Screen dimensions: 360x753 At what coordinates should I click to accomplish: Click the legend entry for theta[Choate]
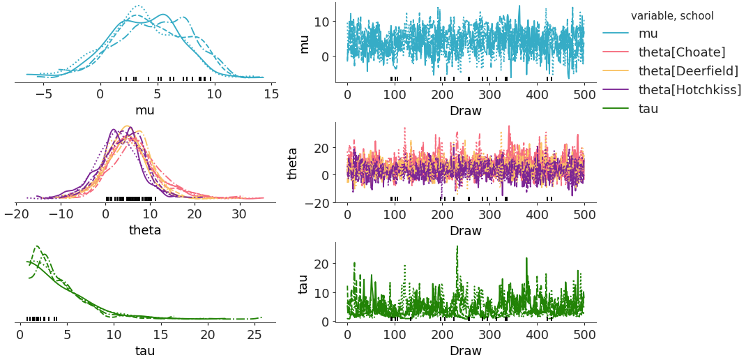[682, 52]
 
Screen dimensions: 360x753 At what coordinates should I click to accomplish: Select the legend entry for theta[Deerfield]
[688, 70]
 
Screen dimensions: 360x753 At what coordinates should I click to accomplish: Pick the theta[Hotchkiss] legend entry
[690, 89]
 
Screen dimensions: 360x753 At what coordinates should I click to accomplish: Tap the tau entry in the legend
[649, 108]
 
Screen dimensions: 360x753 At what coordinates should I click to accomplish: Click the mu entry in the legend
[648, 33]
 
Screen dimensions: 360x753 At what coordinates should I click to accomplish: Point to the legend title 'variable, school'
[671, 15]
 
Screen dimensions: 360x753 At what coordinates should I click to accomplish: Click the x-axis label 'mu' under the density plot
[144, 110]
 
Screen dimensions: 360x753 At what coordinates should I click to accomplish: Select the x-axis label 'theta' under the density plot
[144, 230]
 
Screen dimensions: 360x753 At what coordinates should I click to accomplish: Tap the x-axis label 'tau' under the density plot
[144, 350]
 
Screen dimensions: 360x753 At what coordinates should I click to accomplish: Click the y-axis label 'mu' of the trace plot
[304, 43]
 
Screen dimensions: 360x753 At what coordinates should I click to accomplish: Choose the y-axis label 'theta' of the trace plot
[294, 163]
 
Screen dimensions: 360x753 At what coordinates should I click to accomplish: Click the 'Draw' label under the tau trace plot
[465, 350]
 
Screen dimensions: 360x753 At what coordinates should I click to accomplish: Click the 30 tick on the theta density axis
[238, 214]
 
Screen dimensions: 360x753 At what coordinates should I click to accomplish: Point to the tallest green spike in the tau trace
[457, 246]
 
